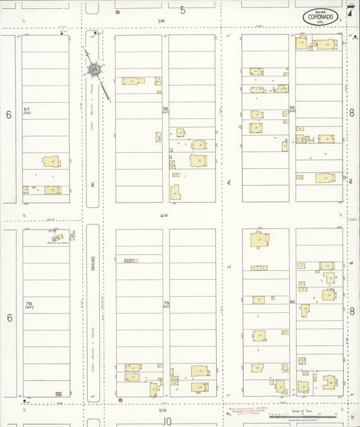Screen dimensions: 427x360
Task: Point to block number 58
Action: coord(165,109)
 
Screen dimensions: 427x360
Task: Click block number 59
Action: coord(292,109)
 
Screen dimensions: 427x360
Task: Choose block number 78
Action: coord(28,305)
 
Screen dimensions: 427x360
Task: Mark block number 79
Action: coord(165,304)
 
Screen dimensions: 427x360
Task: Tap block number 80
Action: coord(292,302)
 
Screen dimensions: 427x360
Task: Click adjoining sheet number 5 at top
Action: coord(182,9)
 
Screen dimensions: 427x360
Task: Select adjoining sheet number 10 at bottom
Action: coord(167,421)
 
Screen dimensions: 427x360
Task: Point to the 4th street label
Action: coord(163,216)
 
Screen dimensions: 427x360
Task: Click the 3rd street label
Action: coord(161,22)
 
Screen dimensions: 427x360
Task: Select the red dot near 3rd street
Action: coord(118,12)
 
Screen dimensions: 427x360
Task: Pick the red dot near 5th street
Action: coord(120,400)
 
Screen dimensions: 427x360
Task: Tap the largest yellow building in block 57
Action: coord(51,161)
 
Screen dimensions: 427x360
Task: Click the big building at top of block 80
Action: coord(261,240)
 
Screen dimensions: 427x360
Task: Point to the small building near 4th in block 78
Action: coord(57,237)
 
